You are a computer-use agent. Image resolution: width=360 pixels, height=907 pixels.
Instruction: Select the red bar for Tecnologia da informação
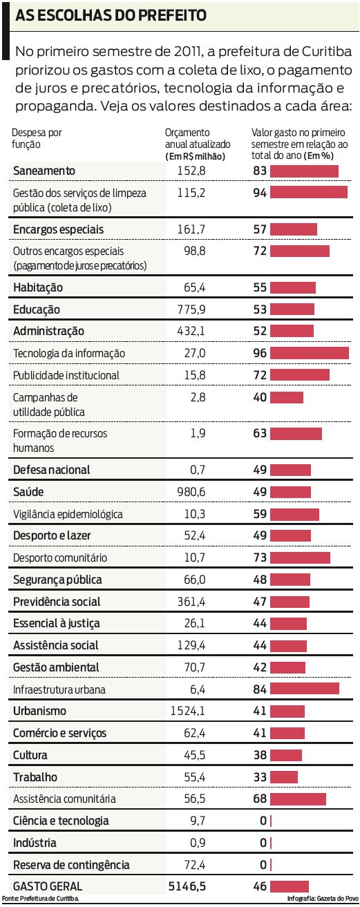[x=309, y=353]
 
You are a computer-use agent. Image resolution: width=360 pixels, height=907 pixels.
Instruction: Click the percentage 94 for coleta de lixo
[x=260, y=193]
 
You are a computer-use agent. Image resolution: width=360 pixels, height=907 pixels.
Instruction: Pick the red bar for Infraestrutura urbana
[x=304, y=689]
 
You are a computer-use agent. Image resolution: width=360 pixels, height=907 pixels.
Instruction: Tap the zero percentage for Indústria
[x=263, y=843]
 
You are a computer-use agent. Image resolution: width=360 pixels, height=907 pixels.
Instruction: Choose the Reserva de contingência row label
[x=71, y=865]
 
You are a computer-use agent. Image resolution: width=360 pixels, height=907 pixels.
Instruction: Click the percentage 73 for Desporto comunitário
[x=260, y=557]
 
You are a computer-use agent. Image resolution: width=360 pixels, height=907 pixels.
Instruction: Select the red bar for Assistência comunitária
[x=298, y=799]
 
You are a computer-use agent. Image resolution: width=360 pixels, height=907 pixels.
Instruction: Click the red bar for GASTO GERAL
[x=289, y=885]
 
